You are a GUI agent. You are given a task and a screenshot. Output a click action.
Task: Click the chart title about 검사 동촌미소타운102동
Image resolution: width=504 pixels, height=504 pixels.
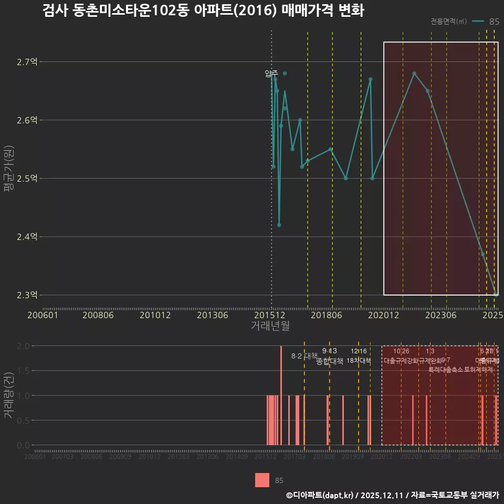203,11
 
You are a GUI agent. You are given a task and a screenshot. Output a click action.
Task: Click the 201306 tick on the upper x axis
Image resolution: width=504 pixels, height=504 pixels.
212,315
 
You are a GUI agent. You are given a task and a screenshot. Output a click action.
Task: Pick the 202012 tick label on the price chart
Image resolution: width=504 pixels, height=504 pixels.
383,315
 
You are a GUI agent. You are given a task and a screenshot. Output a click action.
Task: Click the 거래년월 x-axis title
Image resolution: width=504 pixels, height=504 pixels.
270,326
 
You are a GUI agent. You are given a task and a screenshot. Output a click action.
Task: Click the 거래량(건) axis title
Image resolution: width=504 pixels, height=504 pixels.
8,395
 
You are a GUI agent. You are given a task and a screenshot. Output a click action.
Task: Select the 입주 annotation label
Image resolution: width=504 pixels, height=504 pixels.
271,73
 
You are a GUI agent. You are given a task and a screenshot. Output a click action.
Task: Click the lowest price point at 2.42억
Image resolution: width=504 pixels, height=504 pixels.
279,225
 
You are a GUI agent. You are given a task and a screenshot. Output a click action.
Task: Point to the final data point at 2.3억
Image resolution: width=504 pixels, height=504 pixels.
496,295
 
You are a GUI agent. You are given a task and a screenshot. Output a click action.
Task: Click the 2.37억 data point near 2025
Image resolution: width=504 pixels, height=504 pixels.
482,254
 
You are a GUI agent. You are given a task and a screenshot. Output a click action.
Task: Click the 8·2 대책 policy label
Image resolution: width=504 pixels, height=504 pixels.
304,356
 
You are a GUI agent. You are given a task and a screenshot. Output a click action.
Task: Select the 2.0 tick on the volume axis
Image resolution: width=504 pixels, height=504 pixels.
24,346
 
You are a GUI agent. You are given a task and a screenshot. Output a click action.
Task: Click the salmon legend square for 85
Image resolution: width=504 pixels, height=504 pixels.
262,480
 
